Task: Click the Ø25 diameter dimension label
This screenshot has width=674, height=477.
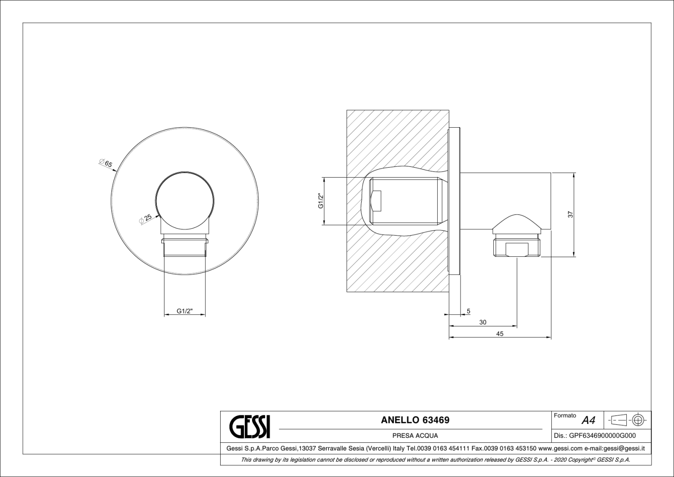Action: click(x=146, y=219)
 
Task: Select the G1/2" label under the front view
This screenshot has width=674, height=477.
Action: click(x=184, y=311)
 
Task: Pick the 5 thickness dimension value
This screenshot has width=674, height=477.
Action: click(x=469, y=311)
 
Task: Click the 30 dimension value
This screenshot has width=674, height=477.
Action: click(x=483, y=322)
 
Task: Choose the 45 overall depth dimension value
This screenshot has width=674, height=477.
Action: click(x=500, y=334)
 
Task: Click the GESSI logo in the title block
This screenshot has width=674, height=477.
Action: click(x=250, y=426)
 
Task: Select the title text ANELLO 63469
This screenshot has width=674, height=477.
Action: click(x=415, y=420)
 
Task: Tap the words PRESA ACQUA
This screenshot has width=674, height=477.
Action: click(x=415, y=436)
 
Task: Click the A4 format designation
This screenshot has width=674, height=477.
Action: click(x=588, y=421)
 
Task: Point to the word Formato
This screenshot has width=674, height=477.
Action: click(x=565, y=416)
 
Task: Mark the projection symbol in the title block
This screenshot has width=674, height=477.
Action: click(x=628, y=420)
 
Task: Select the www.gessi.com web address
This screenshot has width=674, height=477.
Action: click(x=560, y=448)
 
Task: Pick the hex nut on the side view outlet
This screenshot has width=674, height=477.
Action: click(x=517, y=248)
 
